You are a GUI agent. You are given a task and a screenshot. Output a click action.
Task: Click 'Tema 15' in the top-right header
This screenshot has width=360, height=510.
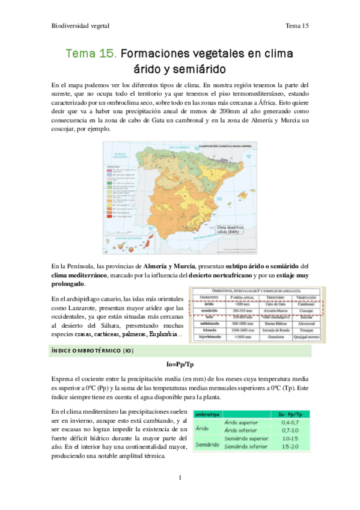click(297, 26)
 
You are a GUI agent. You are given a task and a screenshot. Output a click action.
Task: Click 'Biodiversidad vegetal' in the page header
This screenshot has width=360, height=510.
click(78, 26)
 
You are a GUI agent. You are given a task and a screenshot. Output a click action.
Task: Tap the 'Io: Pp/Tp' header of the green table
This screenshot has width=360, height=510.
click(287, 413)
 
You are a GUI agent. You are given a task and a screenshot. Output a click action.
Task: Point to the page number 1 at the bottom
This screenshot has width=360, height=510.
click(180, 478)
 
